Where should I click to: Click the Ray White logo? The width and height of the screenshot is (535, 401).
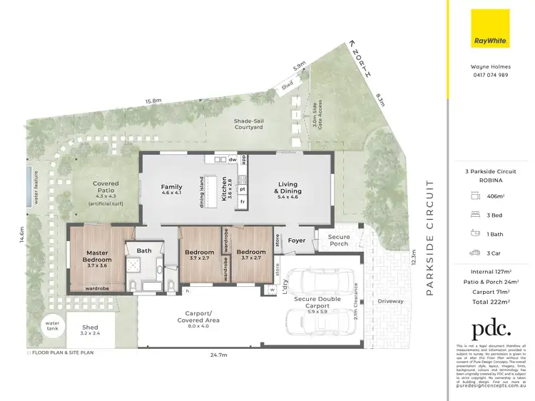[491, 29]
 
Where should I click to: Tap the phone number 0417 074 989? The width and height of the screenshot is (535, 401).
[490, 75]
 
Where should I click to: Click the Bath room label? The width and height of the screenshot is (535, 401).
[144, 250]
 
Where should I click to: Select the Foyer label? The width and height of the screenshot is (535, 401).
[296, 240]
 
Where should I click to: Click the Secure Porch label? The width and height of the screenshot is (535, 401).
[339, 240]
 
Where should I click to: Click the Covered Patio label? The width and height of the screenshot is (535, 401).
[106, 188]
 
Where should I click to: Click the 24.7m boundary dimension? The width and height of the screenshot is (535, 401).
[218, 354]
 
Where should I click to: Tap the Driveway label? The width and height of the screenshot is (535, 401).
[390, 301]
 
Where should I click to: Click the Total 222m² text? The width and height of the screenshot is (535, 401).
[491, 301]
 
